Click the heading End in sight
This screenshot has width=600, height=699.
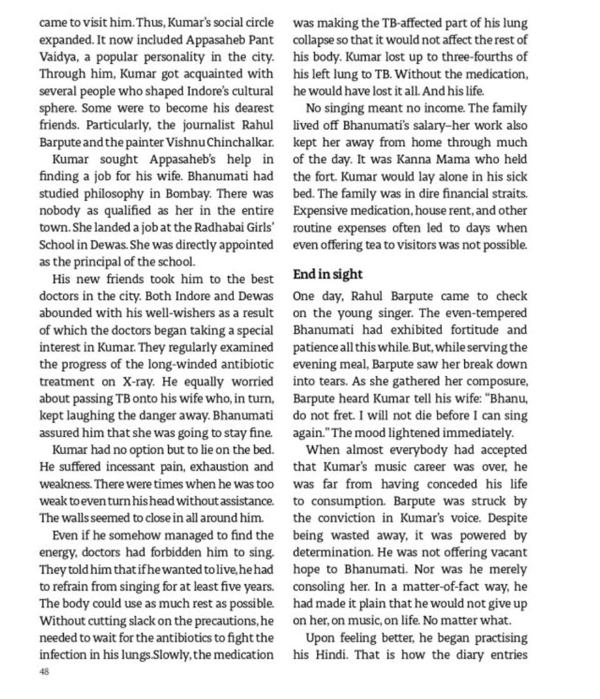coord(327,274)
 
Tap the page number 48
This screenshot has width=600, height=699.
coord(44,672)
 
